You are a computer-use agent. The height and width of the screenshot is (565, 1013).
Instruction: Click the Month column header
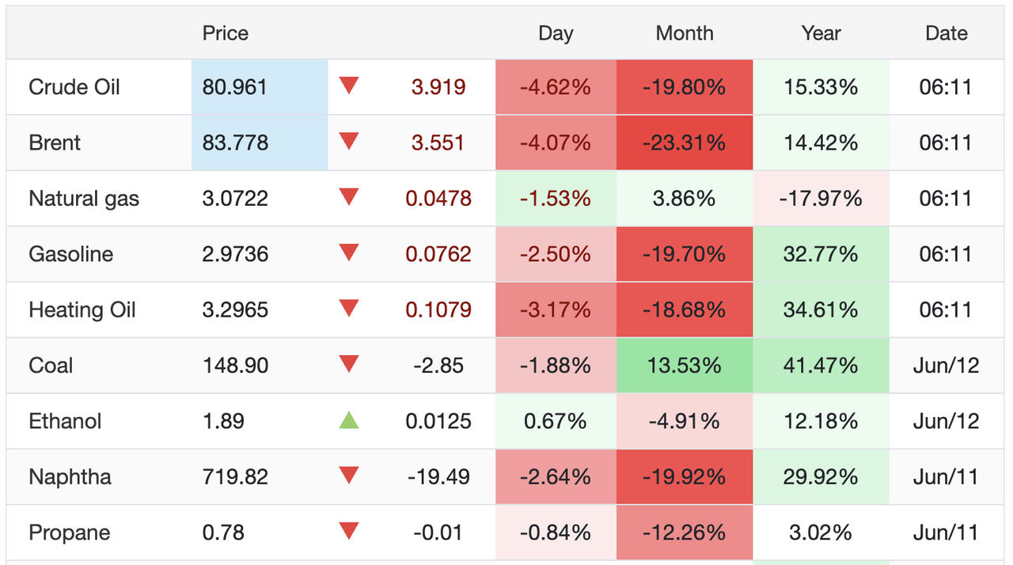[x=685, y=33]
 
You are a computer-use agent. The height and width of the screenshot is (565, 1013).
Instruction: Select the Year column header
[x=821, y=33]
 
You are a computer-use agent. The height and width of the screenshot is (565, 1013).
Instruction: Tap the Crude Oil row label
[x=74, y=87]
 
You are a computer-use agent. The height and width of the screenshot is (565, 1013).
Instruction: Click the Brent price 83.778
[x=235, y=142]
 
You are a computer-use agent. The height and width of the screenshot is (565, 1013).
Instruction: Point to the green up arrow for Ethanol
[x=349, y=420]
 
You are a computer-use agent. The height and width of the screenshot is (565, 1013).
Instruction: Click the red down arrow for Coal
[x=349, y=364]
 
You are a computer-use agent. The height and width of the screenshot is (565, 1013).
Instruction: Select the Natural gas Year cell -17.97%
[x=821, y=199]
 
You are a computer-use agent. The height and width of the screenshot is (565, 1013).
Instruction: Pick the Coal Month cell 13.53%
[x=684, y=366]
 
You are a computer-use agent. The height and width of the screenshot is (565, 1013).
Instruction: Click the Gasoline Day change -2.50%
[x=555, y=254]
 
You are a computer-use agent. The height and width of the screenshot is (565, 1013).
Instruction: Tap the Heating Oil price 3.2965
[x=235, y=309]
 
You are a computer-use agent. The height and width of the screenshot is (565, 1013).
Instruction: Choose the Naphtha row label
[x=70, y=477]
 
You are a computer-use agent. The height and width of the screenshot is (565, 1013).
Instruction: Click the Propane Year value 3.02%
[x=821, y=533]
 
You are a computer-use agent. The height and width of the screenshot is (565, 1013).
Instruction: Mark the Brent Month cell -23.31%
[x=684, y=142]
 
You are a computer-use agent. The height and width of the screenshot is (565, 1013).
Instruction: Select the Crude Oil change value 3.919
[x=438, y=87]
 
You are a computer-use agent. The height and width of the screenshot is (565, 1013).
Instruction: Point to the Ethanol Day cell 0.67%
[x=555, y=421]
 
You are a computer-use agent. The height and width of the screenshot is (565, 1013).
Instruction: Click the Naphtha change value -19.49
[x=438, y=477]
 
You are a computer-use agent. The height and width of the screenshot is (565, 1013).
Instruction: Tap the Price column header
[x=226, y=33]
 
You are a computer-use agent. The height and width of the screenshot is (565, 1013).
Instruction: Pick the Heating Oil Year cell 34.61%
[x=821, y=309]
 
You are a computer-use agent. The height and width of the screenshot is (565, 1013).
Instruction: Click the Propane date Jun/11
[x=946, y=533]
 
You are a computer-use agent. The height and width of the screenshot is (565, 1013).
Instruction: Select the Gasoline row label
[x=71, y=254]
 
